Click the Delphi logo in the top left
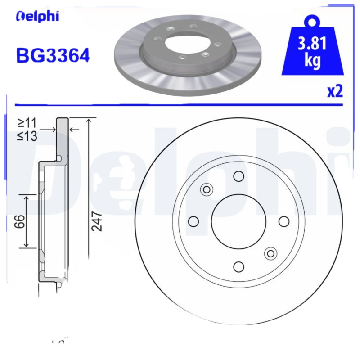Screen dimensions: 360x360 [x=37, y=17]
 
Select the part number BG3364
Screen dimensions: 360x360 [x=53, y=55]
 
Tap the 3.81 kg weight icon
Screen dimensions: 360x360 [x=312, y=50]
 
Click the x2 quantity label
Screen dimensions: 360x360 [x=334, y=91]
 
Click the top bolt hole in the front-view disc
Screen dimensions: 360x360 [x=238, y=176]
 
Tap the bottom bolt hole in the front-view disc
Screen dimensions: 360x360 [x=238, y=266]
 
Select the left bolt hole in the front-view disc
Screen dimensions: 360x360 [x=193, y=221]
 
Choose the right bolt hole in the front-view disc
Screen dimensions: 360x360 [x=284, y=221]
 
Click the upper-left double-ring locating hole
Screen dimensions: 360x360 [x=207, y=189]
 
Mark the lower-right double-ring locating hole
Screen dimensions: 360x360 [x=270, y=253]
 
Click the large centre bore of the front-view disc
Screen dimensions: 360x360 [x=238, y=221]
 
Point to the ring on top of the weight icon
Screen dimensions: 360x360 [x=312, y=20]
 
